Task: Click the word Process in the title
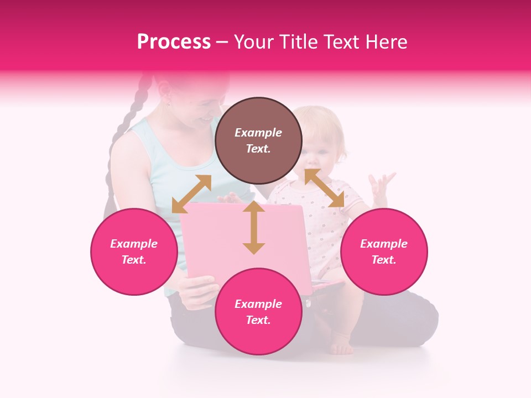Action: [x=174, y=42]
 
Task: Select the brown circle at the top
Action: [x=258, y=140]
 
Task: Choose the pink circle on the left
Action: [x=134, y=252]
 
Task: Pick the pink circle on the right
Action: [x=384, y=252]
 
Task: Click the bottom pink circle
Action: [x=258, y=312]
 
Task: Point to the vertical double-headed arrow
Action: [x=254, y=228]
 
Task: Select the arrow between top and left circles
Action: [x=191, y=194]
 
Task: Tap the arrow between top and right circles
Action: [x=324, y=188]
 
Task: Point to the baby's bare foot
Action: [x=341, y=348]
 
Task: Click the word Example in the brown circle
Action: [x=258, y=133]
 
